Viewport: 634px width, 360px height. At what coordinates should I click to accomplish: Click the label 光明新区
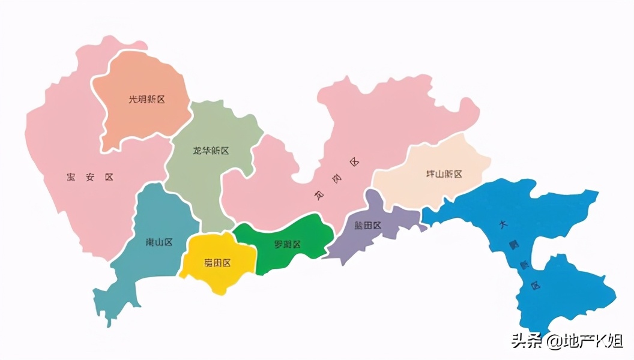pos(146,100)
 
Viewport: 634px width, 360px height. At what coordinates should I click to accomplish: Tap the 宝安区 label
pos(90,177)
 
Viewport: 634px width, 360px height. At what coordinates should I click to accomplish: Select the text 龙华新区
pos(210,151)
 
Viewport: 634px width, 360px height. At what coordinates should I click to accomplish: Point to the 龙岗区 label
pos(336,179)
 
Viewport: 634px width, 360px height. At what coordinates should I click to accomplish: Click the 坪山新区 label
pos(444,174)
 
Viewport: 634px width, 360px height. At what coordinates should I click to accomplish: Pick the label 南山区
pos(159,242)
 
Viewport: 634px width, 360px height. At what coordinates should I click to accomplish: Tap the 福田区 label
pos(217,262)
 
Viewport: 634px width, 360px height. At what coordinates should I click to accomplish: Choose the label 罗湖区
pos(287,244)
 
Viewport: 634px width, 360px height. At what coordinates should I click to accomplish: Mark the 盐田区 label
pos(367,226)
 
